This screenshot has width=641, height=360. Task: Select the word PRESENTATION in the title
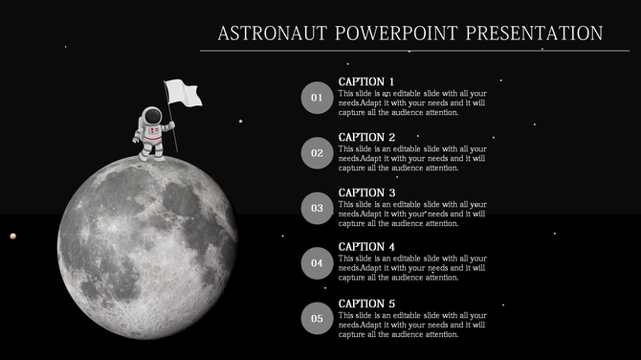[x=534, y=34]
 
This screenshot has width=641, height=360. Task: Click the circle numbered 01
[x=318, y=97]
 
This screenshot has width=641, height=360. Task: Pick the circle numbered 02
[x=318, y=152]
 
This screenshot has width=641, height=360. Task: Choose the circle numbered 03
[x=318, y=208]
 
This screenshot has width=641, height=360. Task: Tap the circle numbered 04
[x=318, y=262]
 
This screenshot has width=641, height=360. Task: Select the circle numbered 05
[x=318, y=318]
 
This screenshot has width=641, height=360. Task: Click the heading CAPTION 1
[x=366, y=81]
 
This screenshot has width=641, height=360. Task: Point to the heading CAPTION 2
[x=366, y=137]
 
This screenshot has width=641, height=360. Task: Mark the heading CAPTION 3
[x=366, y=192]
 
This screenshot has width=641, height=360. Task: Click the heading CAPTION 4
[x=366, y=247]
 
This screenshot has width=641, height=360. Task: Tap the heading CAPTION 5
[x=366, y=304]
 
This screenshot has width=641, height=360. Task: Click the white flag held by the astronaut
[x=183, y=93]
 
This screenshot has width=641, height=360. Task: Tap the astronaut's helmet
[x=154, y=118]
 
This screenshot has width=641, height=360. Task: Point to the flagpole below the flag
[x=174, y=134]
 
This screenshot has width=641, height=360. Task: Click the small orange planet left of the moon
[x=12, y=236]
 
